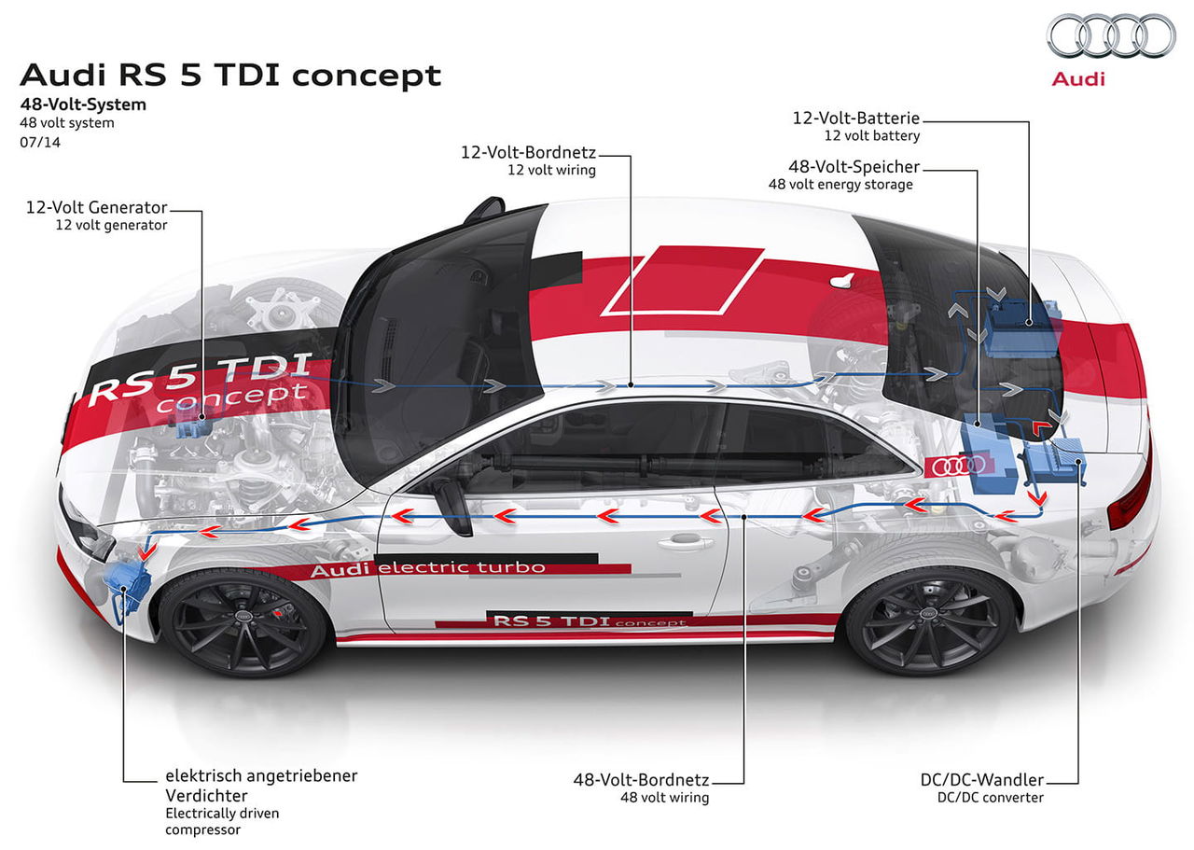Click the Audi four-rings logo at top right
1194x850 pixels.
(1111, 35)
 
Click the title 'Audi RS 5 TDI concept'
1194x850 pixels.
(230, 75)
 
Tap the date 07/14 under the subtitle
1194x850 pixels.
(40, 143)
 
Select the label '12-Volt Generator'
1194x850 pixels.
(96, 207)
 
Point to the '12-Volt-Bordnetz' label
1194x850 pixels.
(528, 152)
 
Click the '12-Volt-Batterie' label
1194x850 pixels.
(856, 118)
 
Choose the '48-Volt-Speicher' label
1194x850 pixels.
(854, 167)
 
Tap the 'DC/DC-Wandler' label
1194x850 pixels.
(982, 780)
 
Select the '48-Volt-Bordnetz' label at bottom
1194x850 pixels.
(641, 780)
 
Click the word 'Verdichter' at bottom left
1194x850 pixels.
(206, 796)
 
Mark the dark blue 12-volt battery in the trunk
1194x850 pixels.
(1020, 327)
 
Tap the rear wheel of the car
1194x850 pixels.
(930, 620)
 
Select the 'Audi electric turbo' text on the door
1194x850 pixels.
(427, 568)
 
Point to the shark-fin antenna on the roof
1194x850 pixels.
(843, 280)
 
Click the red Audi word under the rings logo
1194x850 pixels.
(1077, 79)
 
